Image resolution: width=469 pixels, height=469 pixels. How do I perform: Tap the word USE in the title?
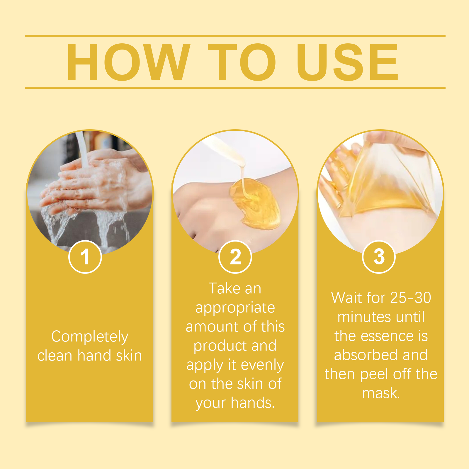[x=347, y=62]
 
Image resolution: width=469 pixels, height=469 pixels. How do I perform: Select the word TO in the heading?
[x=242, y=62]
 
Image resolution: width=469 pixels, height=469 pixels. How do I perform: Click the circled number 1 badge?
[x=85, y=257]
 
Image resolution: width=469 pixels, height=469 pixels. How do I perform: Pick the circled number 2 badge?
[x=235, y=257]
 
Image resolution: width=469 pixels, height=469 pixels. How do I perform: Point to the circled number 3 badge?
[x=379, y=257]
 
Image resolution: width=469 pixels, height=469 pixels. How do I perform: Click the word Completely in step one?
[x=90, y=337]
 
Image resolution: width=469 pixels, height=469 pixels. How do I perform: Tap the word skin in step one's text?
[x=129, y=355]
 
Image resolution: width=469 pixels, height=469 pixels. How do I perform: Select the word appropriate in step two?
[x=235, y=308]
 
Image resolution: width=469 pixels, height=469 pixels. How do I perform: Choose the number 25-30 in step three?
[x=410, y=298]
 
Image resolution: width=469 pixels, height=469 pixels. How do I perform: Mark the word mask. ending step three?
[x=381, y=393]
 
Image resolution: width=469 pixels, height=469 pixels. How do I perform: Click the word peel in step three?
[x=374, y=374]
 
